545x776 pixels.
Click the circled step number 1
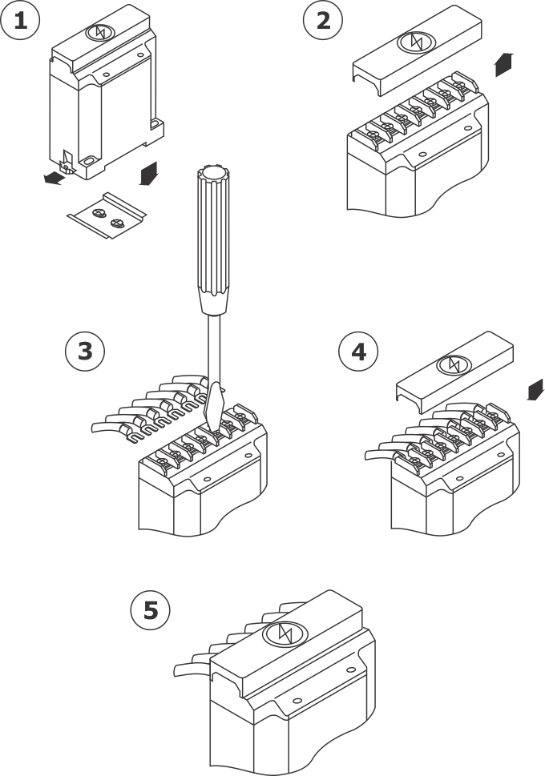click(x=20, y=21)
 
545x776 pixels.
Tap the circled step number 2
click(x=323, y=21)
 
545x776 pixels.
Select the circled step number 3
click(x=84, y=352)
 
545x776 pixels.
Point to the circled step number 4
click(x=358, y=352)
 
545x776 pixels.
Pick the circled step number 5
click(x=151, y=611)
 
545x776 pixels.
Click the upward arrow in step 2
click(x=503, y=64)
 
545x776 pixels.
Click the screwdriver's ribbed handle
click(x=211, y=240)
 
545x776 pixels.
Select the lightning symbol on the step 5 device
click(x=285, y=633)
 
